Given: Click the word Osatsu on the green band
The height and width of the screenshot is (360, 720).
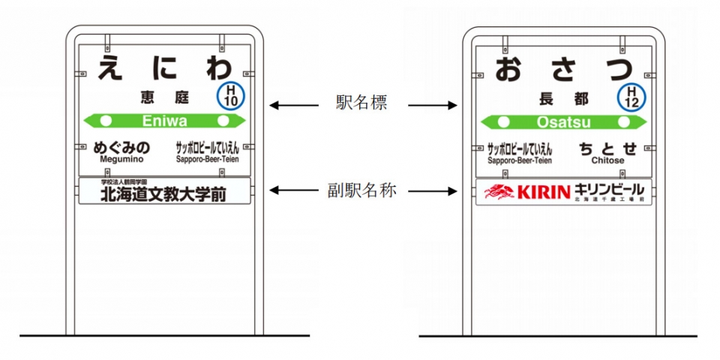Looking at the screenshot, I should [x=564, y=121].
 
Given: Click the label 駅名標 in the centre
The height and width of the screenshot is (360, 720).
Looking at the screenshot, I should [x=362, y=104].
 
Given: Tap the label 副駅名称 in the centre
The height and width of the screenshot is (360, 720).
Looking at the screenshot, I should [x=362, y=190].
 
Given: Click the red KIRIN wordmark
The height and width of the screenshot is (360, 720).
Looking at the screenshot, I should [x=543, y=192].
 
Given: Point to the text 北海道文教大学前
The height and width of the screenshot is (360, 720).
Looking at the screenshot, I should [x=164, y=193].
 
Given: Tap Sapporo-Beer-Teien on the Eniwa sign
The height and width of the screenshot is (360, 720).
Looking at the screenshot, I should [x=208, y=159].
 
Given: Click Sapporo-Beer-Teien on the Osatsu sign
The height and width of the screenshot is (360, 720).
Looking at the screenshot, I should [x=520, y=160].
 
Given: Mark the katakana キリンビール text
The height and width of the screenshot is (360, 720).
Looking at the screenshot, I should [x=607, y=189].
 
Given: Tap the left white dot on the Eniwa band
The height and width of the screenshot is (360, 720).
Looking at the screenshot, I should [x=106, y=120].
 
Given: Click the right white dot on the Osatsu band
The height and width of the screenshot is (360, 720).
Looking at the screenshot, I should [x=623, y=121].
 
